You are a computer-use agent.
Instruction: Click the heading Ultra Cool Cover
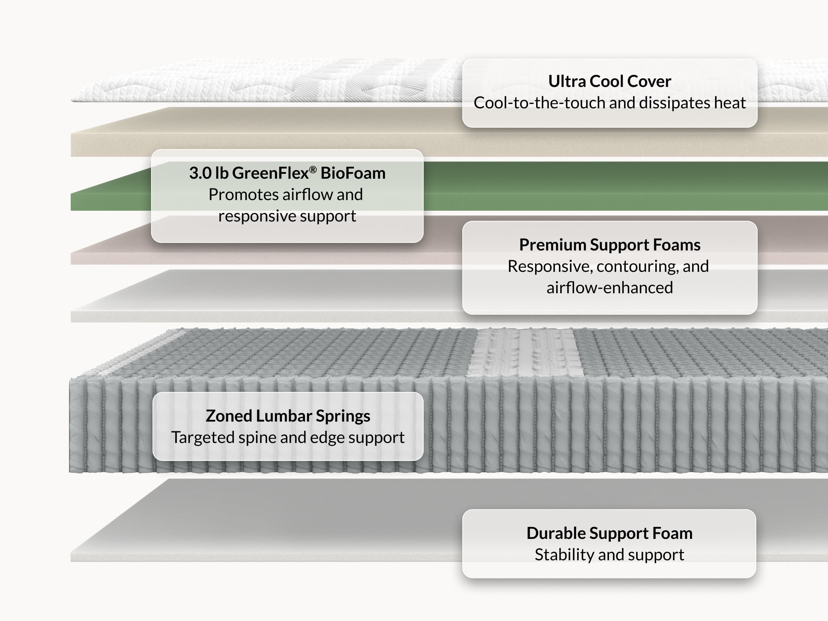point(609,81)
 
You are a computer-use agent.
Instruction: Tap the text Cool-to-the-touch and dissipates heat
point(609,102)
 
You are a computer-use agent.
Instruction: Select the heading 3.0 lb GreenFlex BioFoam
point(287,173)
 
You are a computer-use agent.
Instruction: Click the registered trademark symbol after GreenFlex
point(313,170)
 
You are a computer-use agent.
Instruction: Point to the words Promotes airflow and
point(286,195)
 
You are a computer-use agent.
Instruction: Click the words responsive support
point(287,216)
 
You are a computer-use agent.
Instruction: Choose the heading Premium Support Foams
point(609,245)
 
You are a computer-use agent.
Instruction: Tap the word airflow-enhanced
point(609,287)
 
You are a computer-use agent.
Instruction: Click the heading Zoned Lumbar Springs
point(288,416)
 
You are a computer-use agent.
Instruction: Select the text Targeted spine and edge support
point(288,437)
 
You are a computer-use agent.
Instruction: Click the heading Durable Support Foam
point(609,533)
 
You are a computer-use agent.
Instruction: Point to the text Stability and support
point(609,554)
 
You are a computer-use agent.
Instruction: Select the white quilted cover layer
point(262,80)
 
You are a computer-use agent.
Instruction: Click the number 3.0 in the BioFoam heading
point(200,173)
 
